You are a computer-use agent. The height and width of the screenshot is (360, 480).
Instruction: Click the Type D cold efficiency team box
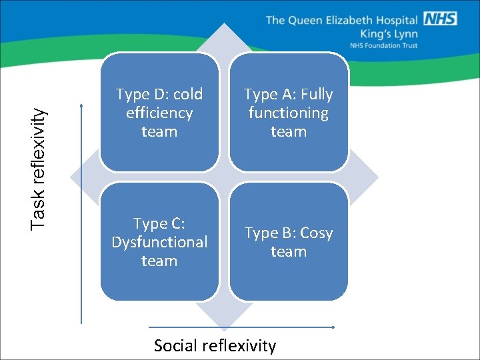coord(159,112)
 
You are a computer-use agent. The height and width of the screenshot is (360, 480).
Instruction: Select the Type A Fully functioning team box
coord(288,112)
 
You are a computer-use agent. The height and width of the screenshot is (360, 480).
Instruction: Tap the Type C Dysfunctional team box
coord(159,241)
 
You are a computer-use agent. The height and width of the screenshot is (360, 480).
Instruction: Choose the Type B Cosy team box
coord(288,241)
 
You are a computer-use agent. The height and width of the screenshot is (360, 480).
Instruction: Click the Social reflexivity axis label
coord(215,345)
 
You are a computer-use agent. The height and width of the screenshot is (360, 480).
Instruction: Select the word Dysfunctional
coord(159,242)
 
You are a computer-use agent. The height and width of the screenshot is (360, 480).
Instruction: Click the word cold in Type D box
coord(187,94)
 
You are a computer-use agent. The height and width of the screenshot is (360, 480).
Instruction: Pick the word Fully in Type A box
coord(316,94)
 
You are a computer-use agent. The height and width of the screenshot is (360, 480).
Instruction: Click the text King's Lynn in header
coord(389,33)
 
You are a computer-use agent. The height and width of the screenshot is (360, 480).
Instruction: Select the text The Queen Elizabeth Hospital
coord(342,19)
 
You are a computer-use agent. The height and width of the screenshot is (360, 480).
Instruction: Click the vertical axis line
coord(81,213)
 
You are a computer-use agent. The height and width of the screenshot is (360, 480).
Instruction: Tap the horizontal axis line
coord(240,327)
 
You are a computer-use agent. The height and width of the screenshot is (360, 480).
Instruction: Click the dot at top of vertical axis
coord(81,105)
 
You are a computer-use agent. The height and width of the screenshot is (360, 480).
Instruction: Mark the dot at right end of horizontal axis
coord(333,327)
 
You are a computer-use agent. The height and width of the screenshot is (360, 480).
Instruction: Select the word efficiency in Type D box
coord(159,113)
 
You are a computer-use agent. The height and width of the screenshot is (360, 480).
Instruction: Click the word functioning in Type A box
coord(288,113)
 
